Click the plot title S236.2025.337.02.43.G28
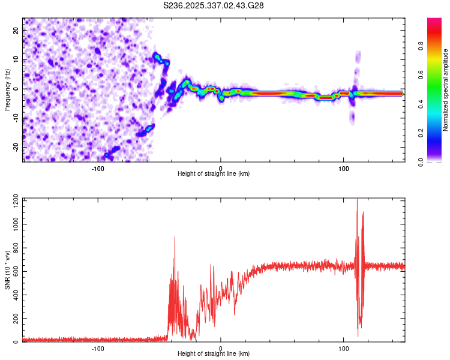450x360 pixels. (214, 5)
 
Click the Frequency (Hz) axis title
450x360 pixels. (7, 90)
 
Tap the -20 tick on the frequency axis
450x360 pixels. (16, 147)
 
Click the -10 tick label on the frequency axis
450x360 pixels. (16, 118)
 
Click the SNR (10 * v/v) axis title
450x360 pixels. (7, 270)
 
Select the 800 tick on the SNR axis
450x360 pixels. (14, 247)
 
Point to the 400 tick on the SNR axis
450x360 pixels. (14, 295)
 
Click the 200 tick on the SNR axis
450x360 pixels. (14, 319)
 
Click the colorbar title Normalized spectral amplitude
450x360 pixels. (446, 90)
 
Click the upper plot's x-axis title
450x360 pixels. (214, 174)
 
